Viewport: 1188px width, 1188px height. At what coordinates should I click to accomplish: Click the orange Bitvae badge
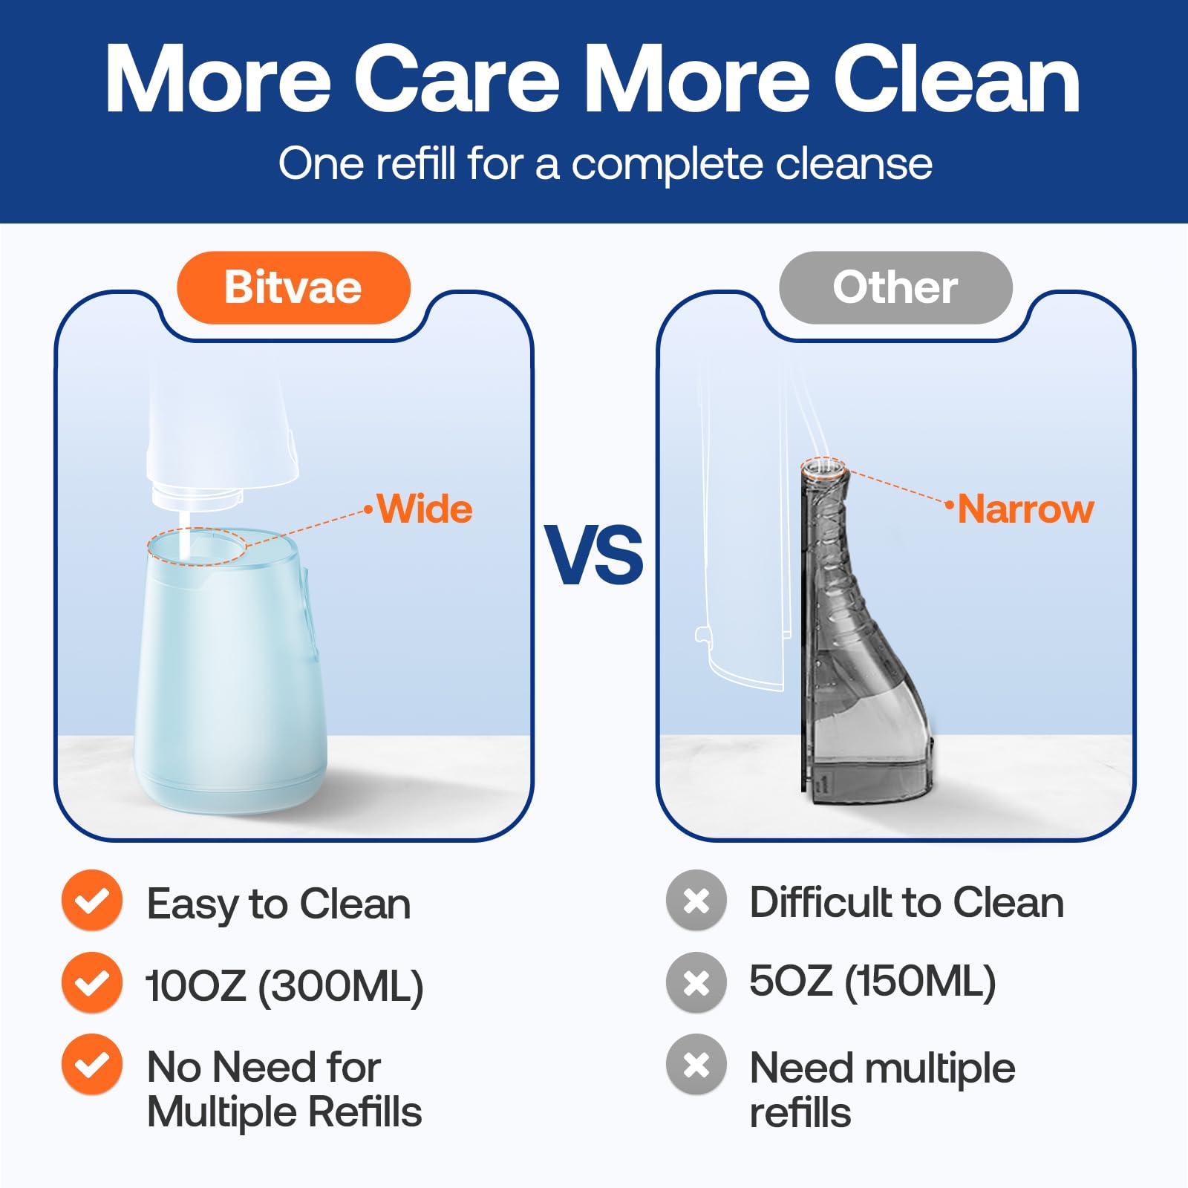[293, 287]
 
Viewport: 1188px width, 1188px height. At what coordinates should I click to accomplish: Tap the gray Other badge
[895, 287]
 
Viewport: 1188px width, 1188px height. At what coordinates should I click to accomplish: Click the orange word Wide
[425, 509]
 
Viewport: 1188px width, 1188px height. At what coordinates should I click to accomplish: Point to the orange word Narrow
[1025, 509]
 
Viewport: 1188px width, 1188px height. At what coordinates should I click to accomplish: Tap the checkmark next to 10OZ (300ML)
[92, 983]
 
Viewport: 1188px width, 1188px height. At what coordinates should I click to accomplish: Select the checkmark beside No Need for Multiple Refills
[92, 1065]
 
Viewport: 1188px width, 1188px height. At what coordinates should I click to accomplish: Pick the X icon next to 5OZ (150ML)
[696, 983]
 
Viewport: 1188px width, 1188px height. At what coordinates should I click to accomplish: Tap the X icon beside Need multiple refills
[696, 1065]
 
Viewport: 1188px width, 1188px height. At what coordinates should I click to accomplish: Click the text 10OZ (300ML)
[285, 986]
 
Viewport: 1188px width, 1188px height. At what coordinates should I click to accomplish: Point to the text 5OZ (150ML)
[872, 982]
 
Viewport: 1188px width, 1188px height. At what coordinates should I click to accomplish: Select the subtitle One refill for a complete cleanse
[605, 164]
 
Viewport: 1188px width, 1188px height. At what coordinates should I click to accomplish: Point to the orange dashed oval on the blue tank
[197, 546]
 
